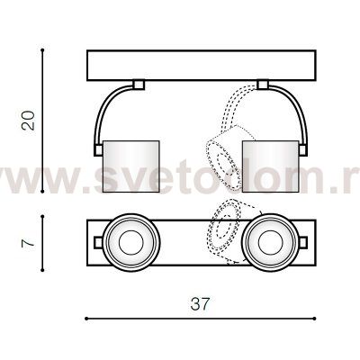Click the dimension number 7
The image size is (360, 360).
point(31,242)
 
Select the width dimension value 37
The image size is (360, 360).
point(200,304)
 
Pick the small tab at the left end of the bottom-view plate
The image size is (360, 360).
point(95,241)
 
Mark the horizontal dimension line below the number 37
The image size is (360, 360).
point(199,318)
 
